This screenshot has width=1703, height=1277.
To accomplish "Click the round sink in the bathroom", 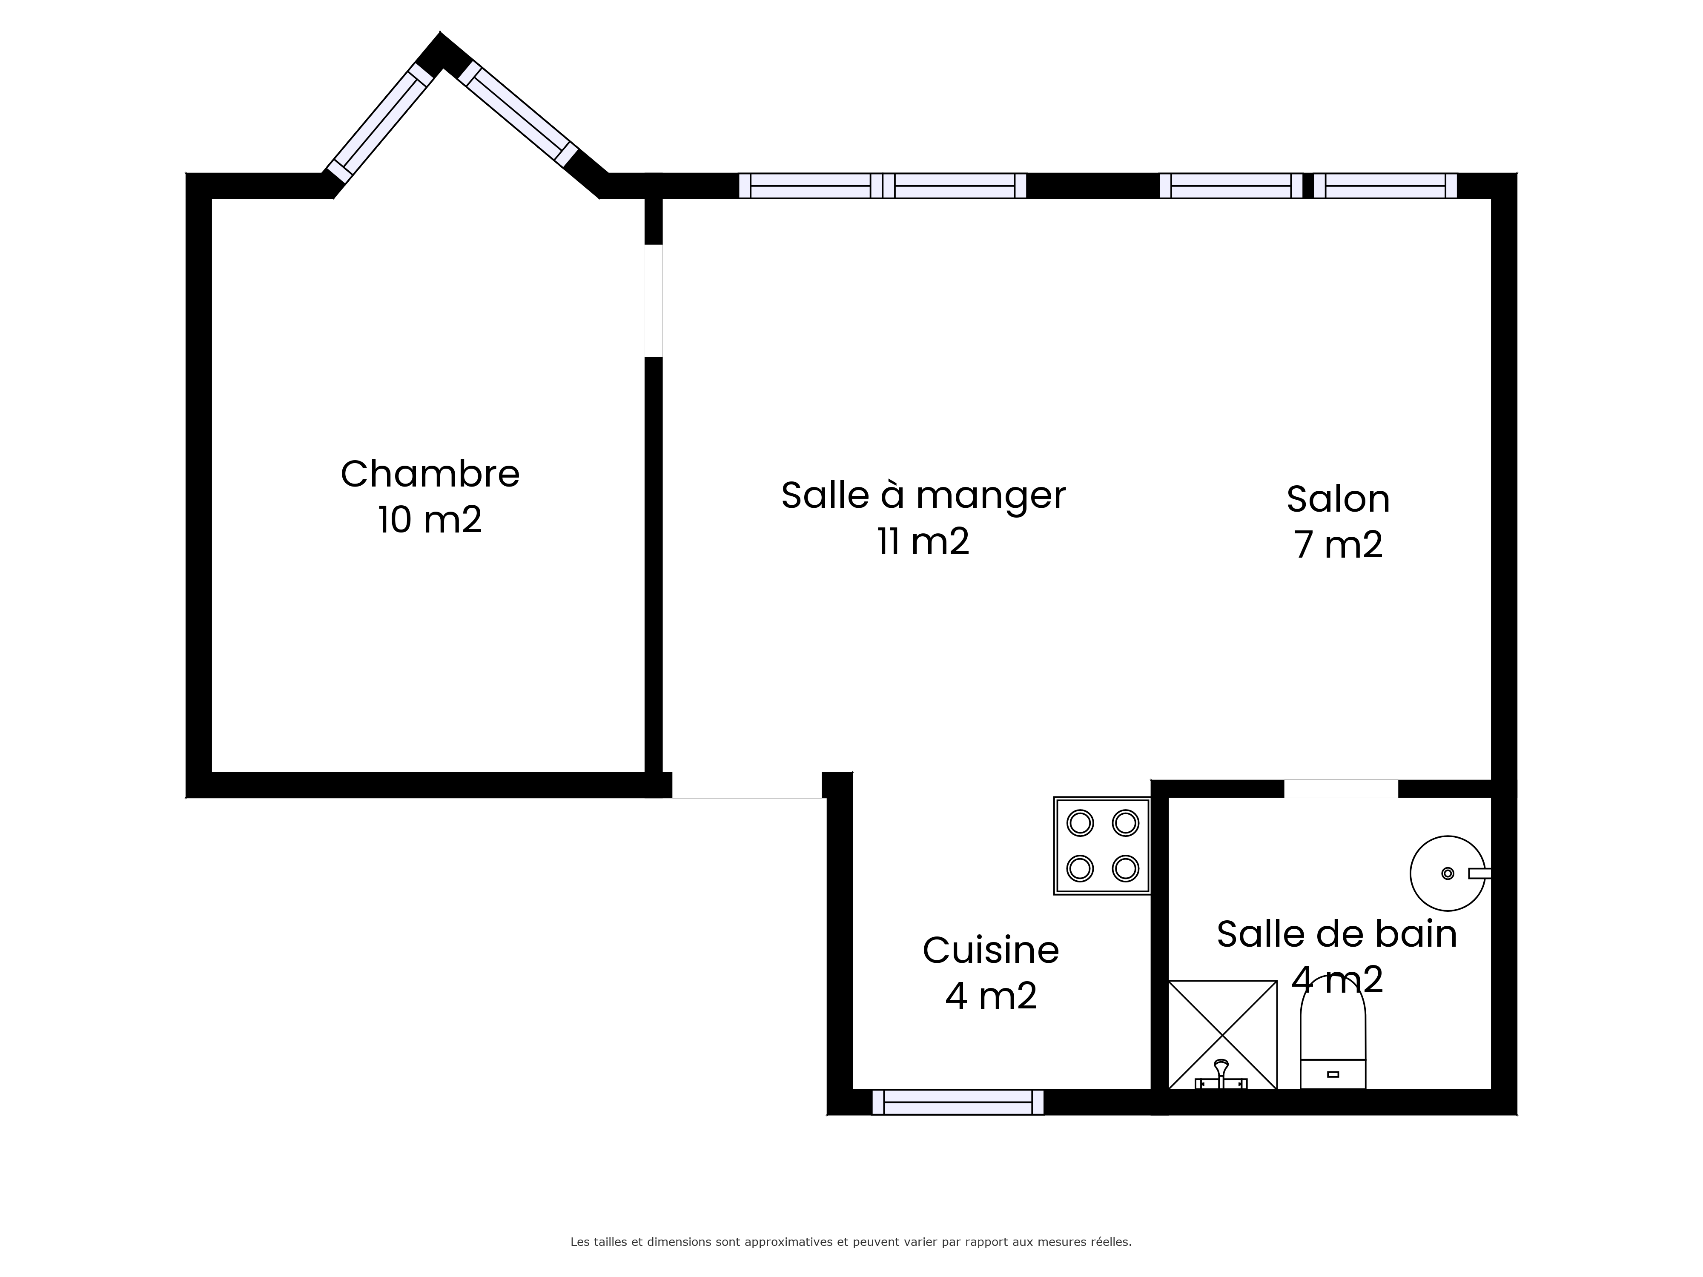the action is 1448,873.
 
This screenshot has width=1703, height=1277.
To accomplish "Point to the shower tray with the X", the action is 1223,1034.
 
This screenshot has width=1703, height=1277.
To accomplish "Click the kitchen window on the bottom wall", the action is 958,1102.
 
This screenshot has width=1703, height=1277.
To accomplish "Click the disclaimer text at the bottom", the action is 851,1199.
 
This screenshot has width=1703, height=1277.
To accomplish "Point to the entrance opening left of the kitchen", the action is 747,785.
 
